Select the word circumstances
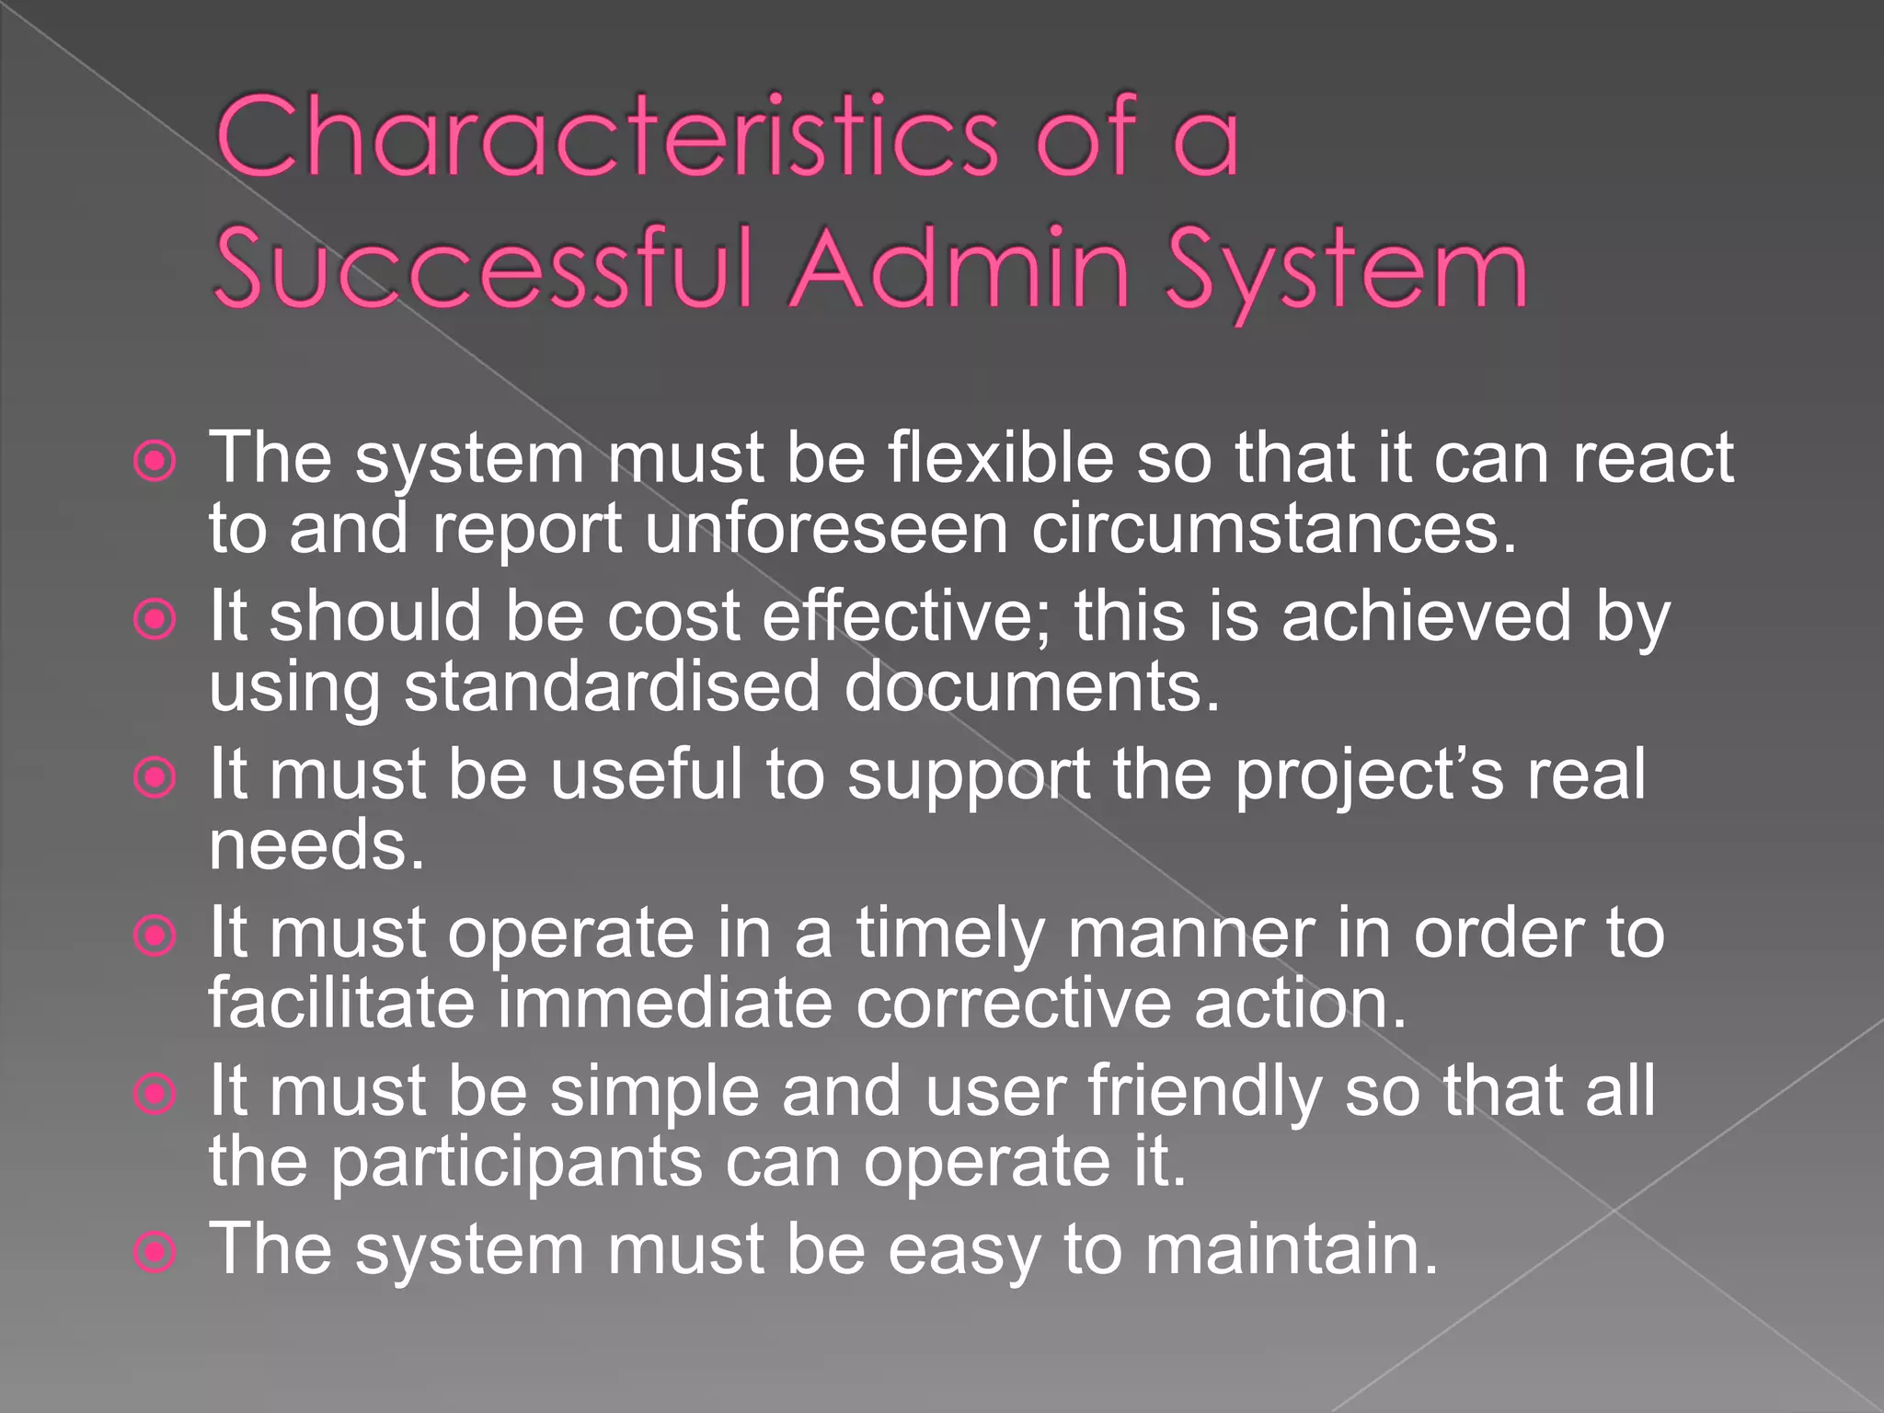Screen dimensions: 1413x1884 [1273, 530]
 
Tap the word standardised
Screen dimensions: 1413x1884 [612, 687]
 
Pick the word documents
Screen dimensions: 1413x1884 [1031, 687]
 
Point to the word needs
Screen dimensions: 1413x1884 [316, 845]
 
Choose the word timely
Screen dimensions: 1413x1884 [950, 935]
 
